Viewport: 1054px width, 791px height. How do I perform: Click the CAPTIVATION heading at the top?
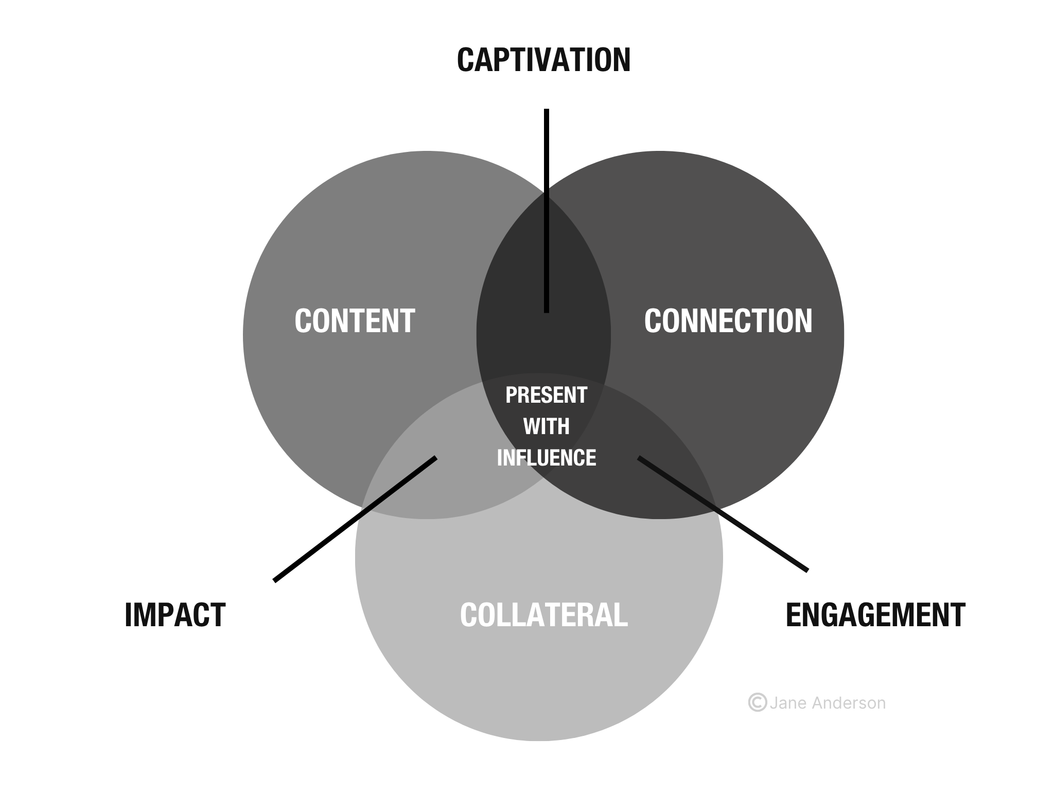[543, 60]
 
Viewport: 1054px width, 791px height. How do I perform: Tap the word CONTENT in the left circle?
[355, 321]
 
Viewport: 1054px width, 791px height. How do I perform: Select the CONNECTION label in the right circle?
[728, 321]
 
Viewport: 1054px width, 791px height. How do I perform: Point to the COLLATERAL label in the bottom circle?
[543, 614]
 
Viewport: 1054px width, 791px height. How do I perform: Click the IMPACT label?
[175, 614]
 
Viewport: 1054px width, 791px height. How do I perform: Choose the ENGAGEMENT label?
[875, 614]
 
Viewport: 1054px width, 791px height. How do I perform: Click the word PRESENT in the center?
[546, 395]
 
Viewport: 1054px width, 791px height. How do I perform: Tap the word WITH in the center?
[546, 426]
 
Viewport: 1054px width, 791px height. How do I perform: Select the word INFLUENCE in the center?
[546, 458]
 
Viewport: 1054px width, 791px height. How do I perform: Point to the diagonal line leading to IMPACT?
[355, 519]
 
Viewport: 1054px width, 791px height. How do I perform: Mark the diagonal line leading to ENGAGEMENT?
[723, 513]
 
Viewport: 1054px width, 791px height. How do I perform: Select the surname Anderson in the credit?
[849, 703]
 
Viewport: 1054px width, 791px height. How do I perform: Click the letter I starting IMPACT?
[129, 614]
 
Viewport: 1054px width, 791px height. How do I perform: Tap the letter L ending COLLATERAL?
[622, 614]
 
